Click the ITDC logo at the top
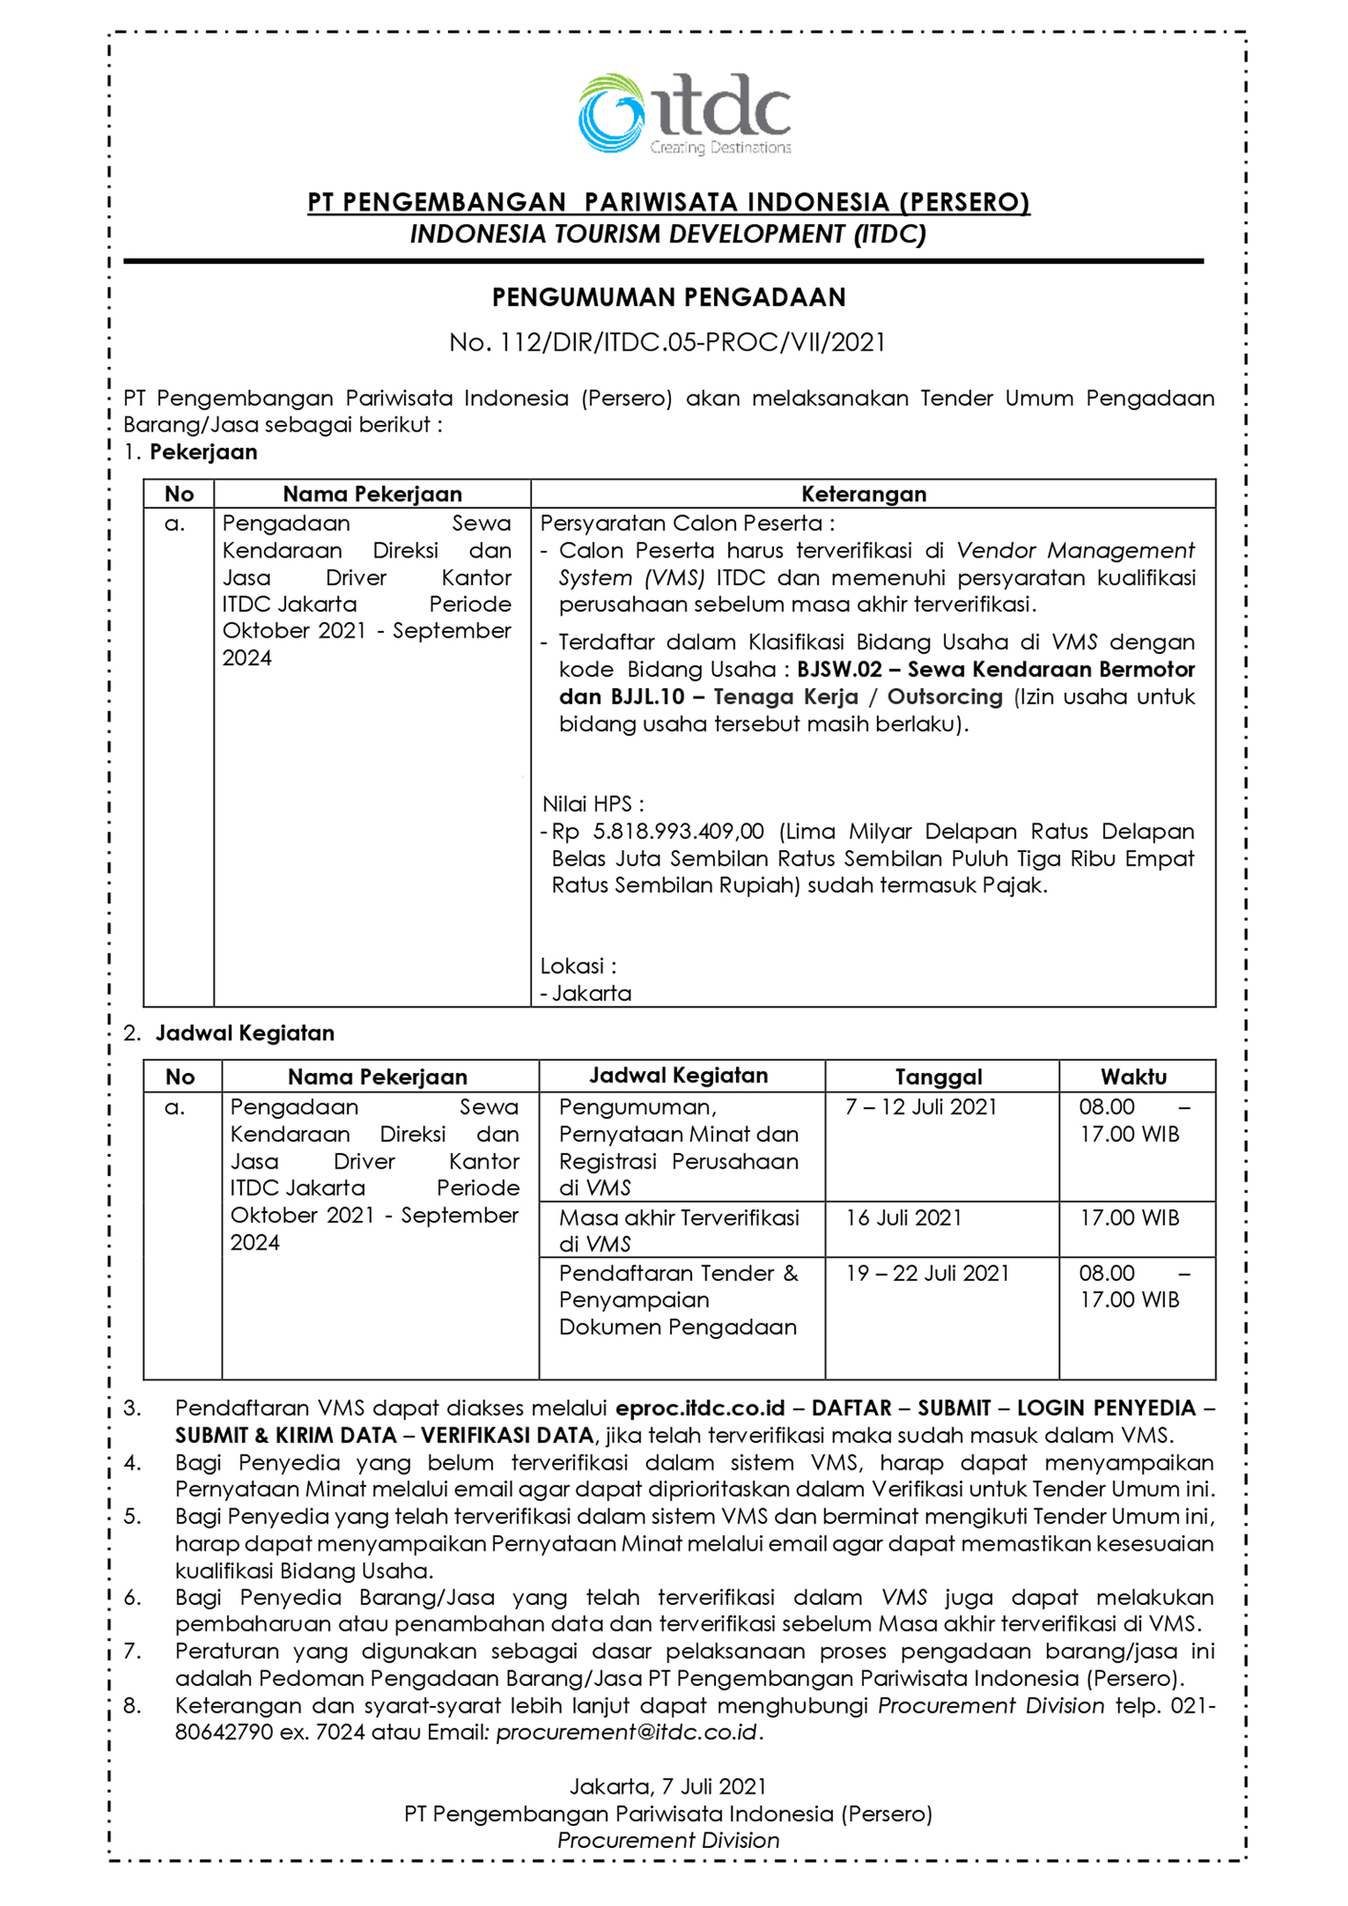pos(684,114)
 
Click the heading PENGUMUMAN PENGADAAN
pos(668,298)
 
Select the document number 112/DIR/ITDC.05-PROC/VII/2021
pos(693,343)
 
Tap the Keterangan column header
pos(863,494)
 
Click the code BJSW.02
pos(839,670)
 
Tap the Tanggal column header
pos(938,1077)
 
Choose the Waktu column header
pos(1134,1077)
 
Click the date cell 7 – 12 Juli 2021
pos(920,1107)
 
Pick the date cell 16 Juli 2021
pos(904,1218)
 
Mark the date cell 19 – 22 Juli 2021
pos(927,1273)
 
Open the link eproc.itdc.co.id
pos(700,1409)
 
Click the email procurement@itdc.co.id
pos(626,1733)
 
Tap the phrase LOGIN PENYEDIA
pos(1106,1409)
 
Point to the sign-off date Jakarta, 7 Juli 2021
pos(667,1787)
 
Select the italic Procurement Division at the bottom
pos(667,1841)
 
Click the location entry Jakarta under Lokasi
pos(591,994)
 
